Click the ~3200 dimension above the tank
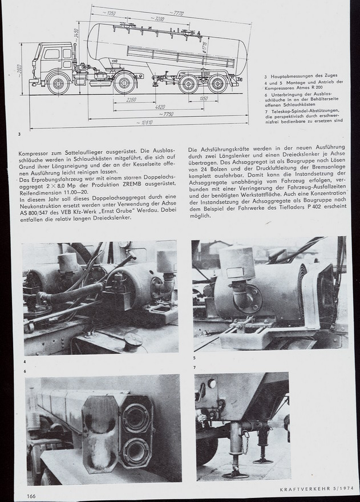(158, 19)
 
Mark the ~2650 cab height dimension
(19, 68)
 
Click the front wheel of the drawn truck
(58, 84)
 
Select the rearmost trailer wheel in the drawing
(217, 84)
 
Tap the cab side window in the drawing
(52, 54)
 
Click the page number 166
(31, 496)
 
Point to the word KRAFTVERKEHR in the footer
(301, 489)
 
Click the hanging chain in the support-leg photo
(244, 442)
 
